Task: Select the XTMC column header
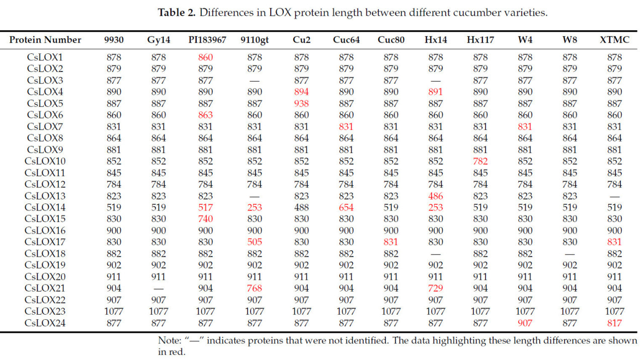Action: [614, 40]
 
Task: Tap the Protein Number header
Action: [45, 40]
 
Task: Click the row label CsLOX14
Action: [45, 207]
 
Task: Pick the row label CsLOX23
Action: [45, 311]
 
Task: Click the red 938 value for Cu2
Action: [301, 103]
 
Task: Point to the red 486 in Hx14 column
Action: [436, 196]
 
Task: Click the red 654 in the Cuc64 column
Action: [346, 207]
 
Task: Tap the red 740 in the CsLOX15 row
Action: [206, 219]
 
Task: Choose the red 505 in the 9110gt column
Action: [255, 242]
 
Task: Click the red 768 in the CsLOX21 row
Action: [255, 288]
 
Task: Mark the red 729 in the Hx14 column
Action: [436, 288]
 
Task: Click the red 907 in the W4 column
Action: [525, 323]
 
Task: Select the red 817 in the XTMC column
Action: [614, 323]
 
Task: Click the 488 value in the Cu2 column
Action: [301, 207]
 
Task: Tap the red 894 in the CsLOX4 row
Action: [301, 92]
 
